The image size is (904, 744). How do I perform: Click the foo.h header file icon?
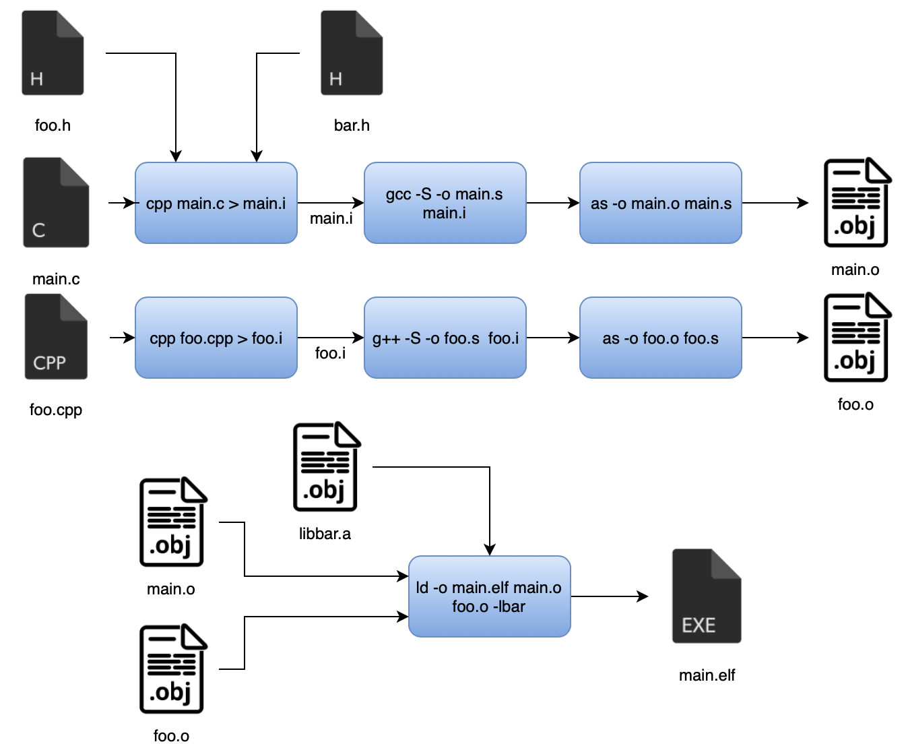coord(53,53)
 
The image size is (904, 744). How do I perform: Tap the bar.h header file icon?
coord(351,53)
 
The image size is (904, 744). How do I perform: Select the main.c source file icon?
coord(56,203)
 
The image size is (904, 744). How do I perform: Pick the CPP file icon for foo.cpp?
coord(56,337)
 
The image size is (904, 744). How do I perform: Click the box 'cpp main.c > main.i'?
coord(216,203)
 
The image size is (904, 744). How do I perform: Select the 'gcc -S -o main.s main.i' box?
coord(445,203)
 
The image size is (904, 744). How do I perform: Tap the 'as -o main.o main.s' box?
coord(660,203)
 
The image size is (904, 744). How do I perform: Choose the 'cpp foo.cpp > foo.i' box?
coord(216,338)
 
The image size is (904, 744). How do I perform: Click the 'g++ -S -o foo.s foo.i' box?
coord(445,338)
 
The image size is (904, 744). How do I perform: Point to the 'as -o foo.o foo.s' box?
coord(660,338)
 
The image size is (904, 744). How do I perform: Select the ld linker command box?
coord(489,596)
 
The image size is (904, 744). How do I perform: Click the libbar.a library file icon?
coord(326,467)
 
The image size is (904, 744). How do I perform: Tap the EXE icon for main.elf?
coord(707,596)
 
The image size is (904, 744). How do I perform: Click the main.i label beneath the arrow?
coord(331,219)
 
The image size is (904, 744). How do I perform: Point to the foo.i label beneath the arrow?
coord(330,353)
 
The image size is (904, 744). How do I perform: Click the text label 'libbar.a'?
coord(325,534)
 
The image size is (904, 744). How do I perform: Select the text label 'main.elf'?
coord(707,675)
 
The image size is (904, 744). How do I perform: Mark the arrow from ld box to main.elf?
coord(609,596)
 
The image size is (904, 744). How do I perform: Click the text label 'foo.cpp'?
coord(56,410)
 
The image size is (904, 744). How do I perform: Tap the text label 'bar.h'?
coord(352,125)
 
